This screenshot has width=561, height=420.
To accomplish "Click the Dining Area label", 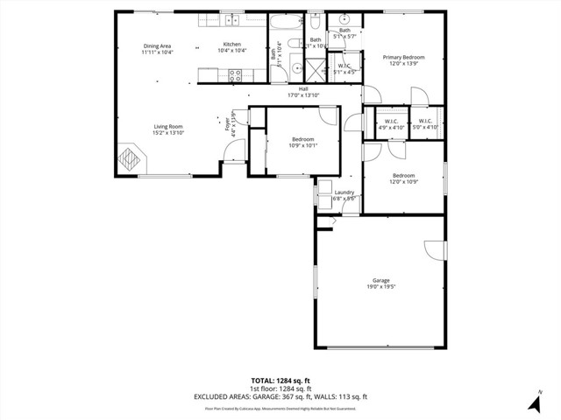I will pyautogui.click(x=158, y=45).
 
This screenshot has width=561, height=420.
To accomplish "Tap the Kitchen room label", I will pyautogui.click(x=231, y=45).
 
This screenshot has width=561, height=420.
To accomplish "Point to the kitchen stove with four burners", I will pyautogui.click(x=235, y=75).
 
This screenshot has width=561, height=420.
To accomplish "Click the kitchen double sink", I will pyautogui.click(x=232, y=18).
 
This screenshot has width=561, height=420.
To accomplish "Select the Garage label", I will pyautogui.click(x=380, y=280).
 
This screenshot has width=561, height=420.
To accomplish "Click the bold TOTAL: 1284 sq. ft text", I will pyautogui.click(x=280, y=381).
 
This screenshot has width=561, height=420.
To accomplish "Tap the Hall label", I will pyautogui.click(x=303, y=88).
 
